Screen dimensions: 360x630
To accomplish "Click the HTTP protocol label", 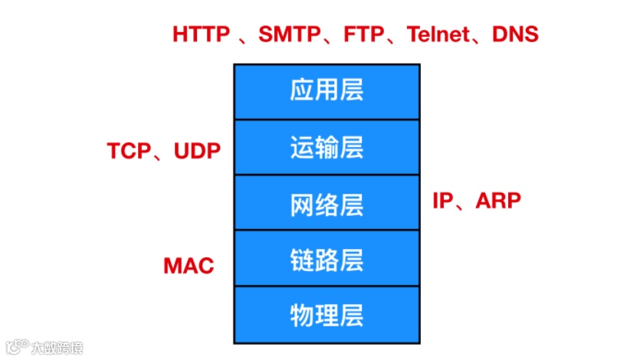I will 201,34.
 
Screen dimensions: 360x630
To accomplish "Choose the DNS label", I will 515,34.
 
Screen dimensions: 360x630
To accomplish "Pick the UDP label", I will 197,151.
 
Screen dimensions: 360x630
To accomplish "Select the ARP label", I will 498,201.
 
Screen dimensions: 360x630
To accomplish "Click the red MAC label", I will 189,266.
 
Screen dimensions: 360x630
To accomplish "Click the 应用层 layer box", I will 326,92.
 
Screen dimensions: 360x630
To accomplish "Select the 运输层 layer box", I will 326,147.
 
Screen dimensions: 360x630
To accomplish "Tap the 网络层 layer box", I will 326,203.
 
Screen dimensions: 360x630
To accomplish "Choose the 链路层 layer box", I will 326,259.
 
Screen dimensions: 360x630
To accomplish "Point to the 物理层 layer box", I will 326,315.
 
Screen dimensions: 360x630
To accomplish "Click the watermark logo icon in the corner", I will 16,347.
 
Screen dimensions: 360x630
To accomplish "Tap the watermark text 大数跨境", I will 57,348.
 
